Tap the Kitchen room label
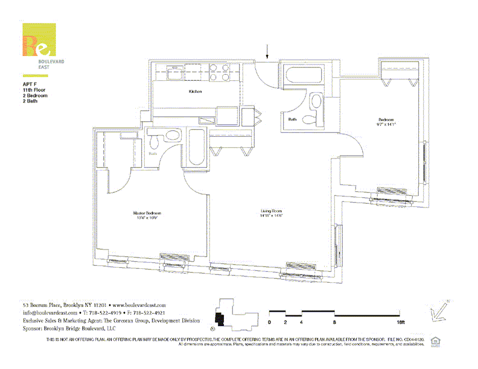pyautogui.click(x=195, y=92)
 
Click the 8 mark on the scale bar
pyautogui.click(x=334, y=322)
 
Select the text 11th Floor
pyautogui.click(x=34, y=89)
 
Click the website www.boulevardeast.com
pyautogui.click(x=139, y=306)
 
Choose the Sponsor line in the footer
pyautogui.click(x=69, y=329)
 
